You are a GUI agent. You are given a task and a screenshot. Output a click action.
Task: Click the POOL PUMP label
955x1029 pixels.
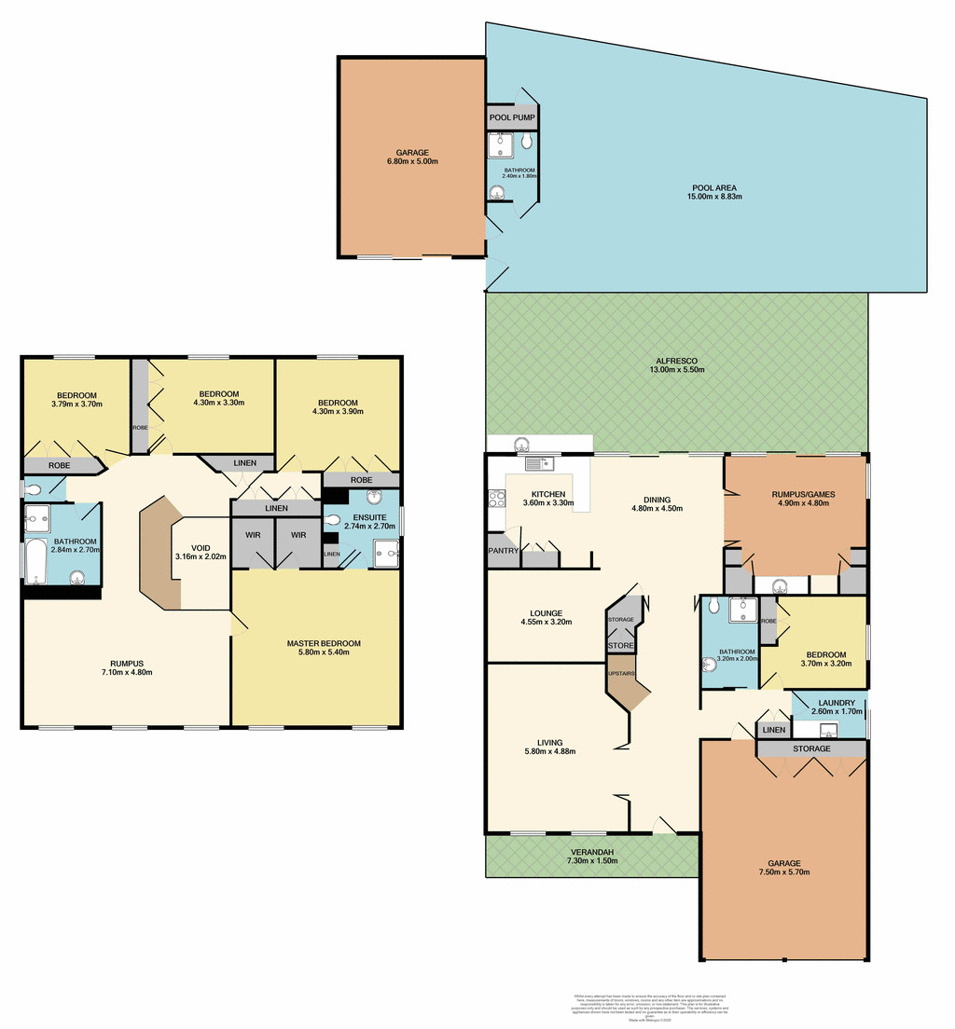point(512,118)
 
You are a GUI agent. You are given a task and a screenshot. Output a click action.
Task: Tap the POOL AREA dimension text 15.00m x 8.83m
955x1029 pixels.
point(714,198)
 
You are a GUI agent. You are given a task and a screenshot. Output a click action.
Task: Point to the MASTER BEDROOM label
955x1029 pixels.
point(323,643)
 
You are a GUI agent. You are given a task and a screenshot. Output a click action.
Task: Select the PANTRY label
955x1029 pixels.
point(503,551)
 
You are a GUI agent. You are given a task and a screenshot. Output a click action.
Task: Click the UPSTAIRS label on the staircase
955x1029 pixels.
point(621,673)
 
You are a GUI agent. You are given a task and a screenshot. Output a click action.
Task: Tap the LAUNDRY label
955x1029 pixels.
point(829,703)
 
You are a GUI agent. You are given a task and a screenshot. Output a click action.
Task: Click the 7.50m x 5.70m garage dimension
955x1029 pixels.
point(784,873)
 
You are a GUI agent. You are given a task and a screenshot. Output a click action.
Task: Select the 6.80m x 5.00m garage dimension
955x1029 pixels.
point(411,161)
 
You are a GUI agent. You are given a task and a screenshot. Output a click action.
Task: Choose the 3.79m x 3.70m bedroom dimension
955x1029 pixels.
point(76,404)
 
